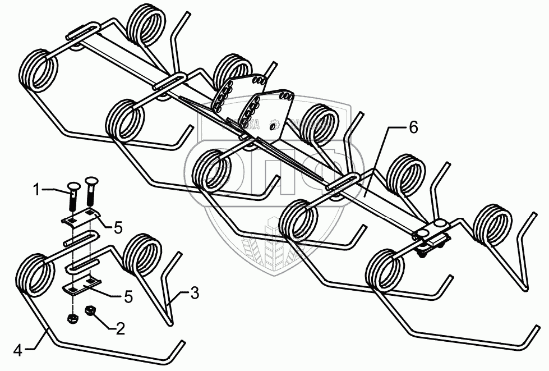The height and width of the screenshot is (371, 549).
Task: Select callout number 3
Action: click(193, 292)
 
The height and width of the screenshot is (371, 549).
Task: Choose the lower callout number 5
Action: click(128, 297)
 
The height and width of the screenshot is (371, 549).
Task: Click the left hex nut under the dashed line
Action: click(71, 318)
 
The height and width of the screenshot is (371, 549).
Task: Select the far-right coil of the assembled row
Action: click(491, 225)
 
